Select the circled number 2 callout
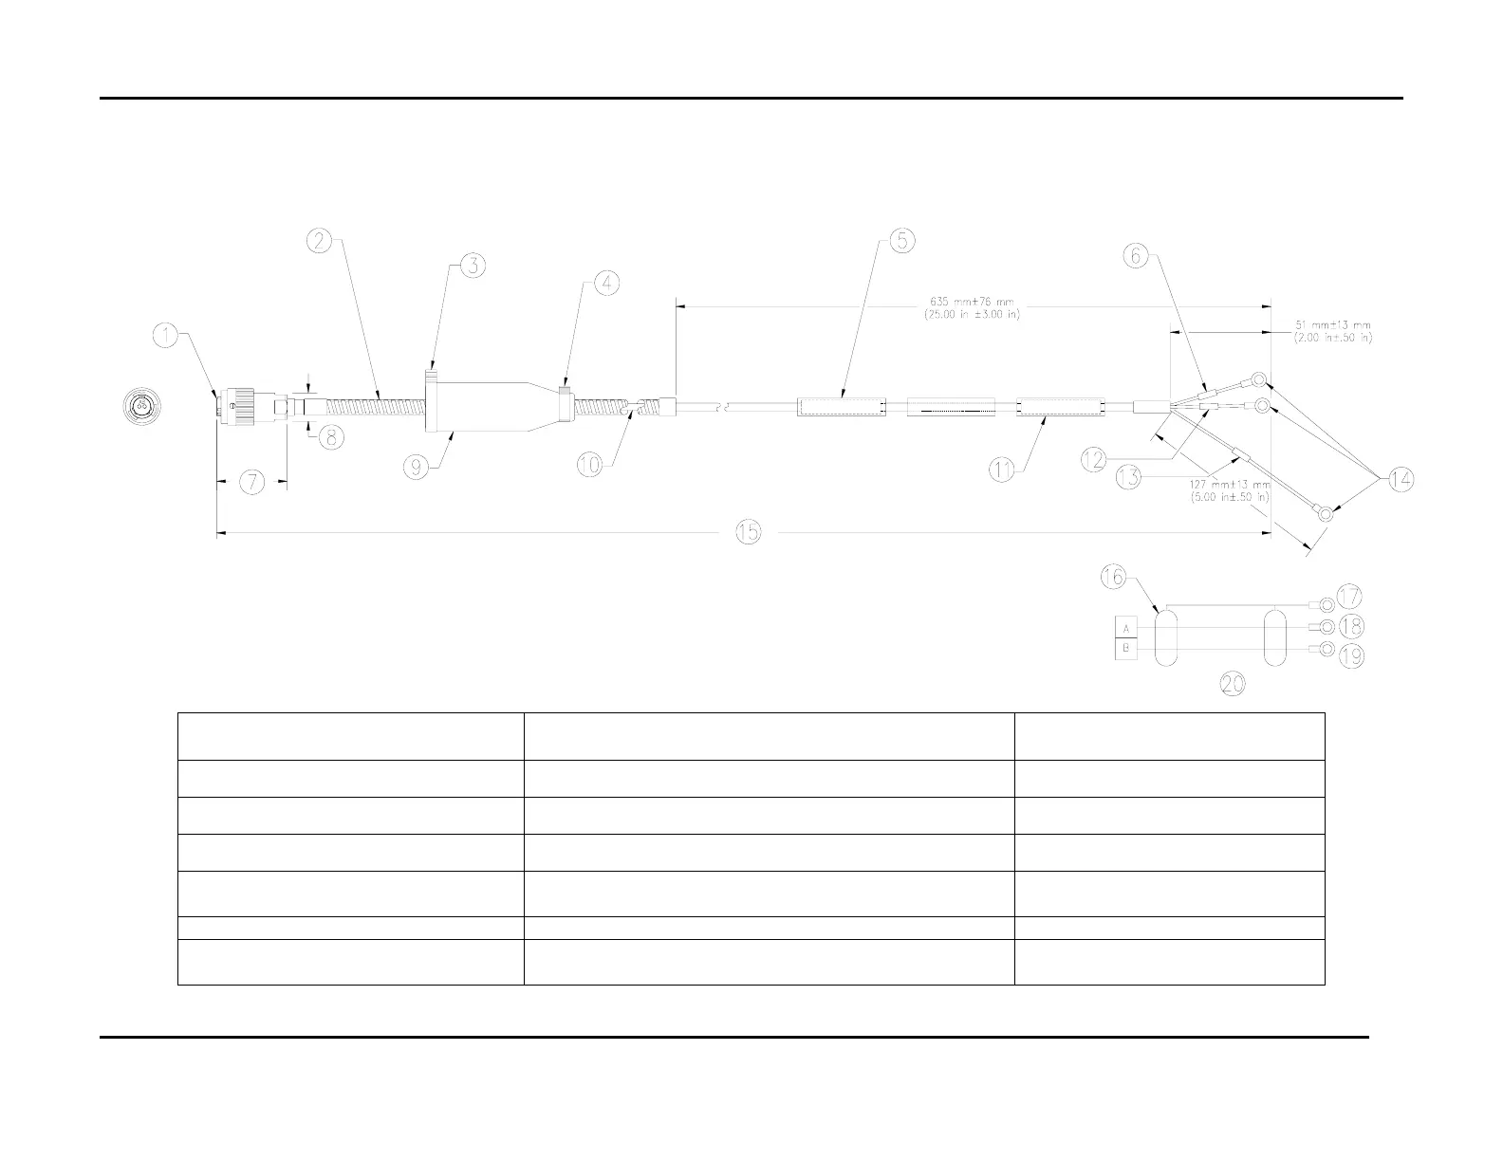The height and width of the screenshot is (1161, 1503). click(x=320, y=241)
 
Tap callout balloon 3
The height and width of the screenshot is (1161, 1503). click(x=473, y=267)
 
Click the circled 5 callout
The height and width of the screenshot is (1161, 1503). click(x=901, y=242)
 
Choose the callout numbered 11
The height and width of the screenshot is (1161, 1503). click(x=1003, y=470)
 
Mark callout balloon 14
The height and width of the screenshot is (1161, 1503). click(x=1401, y=480)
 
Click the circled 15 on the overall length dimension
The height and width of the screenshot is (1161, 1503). click(x=749, y=533)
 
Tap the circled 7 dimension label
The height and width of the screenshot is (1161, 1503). click(x=251, y=482)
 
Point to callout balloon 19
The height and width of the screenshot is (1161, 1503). click(x=1349, y=654)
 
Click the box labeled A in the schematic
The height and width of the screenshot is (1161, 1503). click(x=1127, y=629)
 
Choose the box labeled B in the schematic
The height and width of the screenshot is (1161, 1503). click(x=1127, y=650)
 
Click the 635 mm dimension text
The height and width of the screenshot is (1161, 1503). click(x=971, y=309)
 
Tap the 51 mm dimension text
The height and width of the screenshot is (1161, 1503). click(x=1333, y=331)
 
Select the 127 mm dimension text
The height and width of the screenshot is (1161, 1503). click(x=1230, y=489)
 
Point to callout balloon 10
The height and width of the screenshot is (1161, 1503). click(x=590, y=465)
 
